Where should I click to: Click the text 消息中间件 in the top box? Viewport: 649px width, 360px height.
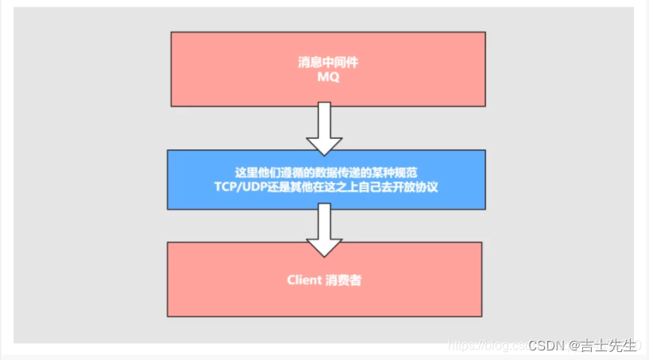(327, 62)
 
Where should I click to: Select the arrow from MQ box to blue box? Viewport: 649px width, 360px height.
(323, 127)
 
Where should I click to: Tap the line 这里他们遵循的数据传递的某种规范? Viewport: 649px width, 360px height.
(326, 172)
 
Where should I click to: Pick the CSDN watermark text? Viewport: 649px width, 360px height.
(546, 346)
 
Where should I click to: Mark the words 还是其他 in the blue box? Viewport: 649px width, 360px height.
(299, 187)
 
